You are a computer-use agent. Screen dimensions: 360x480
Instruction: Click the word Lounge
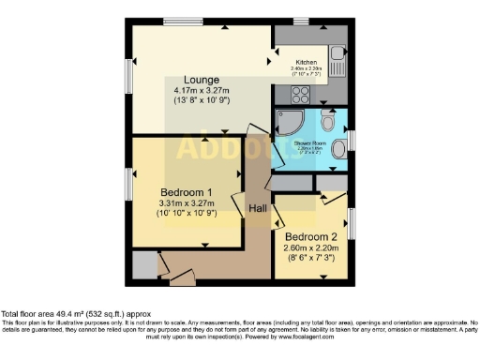[x=202, y=79]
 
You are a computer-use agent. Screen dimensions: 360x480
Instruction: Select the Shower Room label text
[x=309, y=142]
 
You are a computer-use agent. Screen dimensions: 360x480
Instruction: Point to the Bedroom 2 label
[x=312, y=235]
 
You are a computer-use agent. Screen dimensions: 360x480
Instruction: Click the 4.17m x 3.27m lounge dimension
[x=202, y=90]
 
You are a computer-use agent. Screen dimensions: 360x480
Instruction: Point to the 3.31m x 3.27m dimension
[x=187, y=203]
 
